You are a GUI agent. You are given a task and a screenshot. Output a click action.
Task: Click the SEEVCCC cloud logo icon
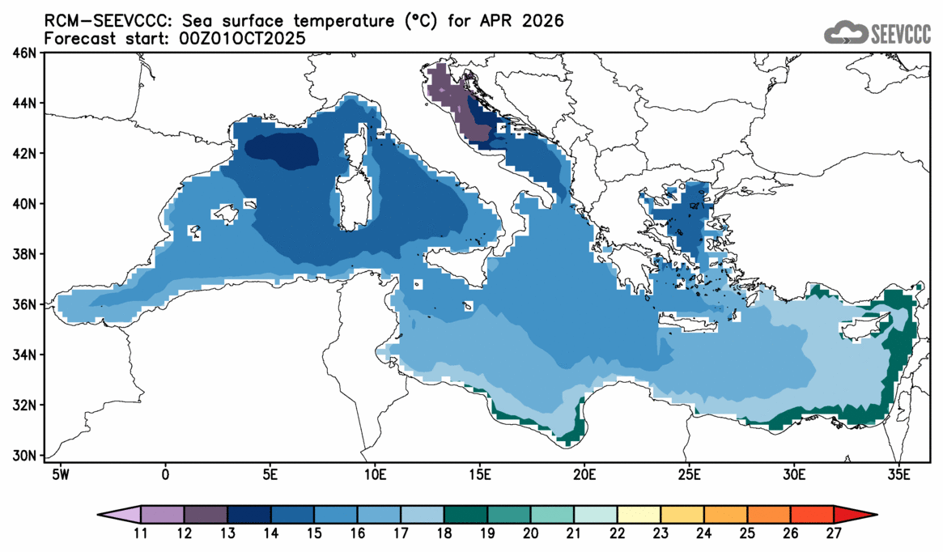point(845,32)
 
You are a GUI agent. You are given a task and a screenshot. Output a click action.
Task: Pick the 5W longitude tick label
point(59,473)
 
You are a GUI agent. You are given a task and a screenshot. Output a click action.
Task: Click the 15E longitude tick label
point(478,473)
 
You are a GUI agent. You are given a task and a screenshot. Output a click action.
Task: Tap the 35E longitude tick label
point(898,473)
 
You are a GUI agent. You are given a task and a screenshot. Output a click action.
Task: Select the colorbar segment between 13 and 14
point(249,515)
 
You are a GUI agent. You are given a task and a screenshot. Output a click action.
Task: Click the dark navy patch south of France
point(281,151)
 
